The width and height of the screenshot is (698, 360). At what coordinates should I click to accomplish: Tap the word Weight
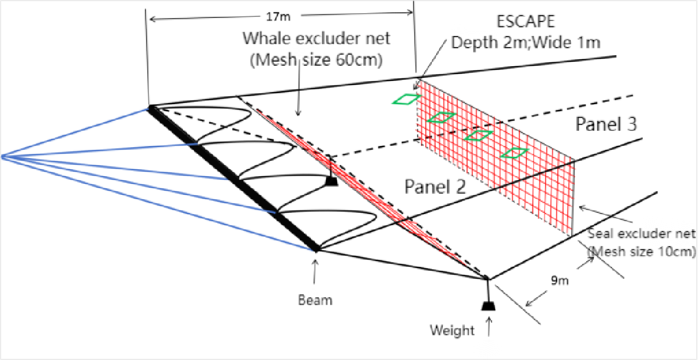pos(452,330)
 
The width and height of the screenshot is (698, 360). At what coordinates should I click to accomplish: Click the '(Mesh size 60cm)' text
pos(315,60)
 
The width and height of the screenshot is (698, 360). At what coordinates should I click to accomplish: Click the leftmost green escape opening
pos(406,99)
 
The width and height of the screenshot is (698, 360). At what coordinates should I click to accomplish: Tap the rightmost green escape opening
pos(515,153)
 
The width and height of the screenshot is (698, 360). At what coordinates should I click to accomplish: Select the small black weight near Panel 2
pos(332,181)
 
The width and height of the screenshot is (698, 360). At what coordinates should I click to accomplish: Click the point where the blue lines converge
pos(3,156)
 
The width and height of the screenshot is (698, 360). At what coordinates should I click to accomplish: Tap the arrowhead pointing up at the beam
pos(315,262)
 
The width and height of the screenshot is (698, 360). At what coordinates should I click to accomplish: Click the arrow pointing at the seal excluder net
pos(582,206)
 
